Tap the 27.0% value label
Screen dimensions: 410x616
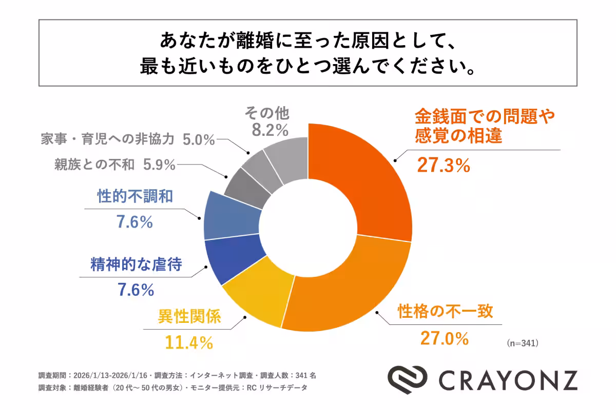click(445, 338)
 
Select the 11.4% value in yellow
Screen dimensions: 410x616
click(188, 342)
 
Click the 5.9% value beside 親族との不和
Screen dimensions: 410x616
click(160, 165)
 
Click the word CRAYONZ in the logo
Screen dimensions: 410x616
click(508, 380)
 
